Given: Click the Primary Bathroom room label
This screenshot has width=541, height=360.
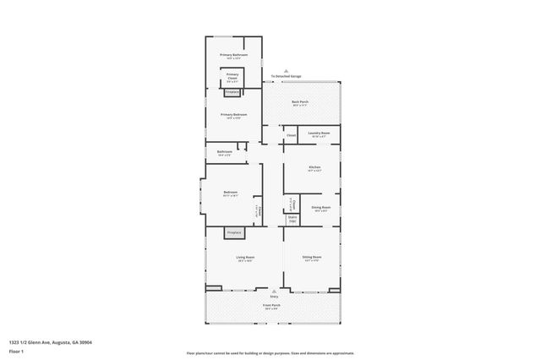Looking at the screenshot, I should pos(233,56).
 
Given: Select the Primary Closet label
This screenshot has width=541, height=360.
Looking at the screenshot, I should pos(232,76).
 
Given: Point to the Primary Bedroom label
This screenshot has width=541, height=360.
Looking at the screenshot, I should pos(232,116).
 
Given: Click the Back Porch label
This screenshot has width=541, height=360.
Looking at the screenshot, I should pos(300,103).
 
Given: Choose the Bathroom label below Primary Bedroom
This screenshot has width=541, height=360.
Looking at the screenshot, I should pos(225,153).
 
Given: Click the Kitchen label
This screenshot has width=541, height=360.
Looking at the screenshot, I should pos(314,168).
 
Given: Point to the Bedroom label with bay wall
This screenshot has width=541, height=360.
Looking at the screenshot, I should pos(230,194).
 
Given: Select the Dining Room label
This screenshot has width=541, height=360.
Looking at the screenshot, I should pos(321,208).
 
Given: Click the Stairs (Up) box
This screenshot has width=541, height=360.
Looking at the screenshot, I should pos(292,219).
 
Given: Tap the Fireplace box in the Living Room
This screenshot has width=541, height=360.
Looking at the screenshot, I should pos(234,232).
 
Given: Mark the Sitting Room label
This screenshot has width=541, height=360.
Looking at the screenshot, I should pos(313,258).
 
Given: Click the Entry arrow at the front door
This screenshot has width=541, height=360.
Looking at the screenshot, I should pos(274,292).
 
